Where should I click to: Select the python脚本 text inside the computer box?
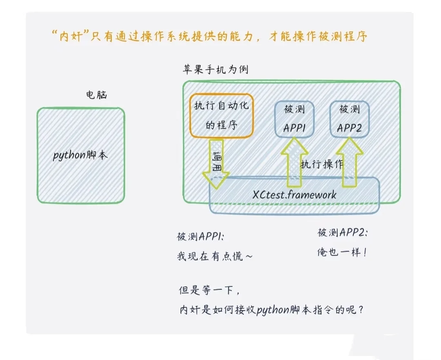pos(80,156)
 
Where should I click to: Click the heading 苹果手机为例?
pos(215,69)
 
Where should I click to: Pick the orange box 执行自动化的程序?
pos(221,116)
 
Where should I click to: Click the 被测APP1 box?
pos(294,119)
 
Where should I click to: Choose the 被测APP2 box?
pos(350,119)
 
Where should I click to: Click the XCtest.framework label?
pos(294,194)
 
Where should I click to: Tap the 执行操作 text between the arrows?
pos(322,164)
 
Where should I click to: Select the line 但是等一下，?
pos(209,291)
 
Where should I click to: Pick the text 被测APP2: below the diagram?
pos(342,233)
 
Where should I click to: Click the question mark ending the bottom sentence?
pos(360,310)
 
